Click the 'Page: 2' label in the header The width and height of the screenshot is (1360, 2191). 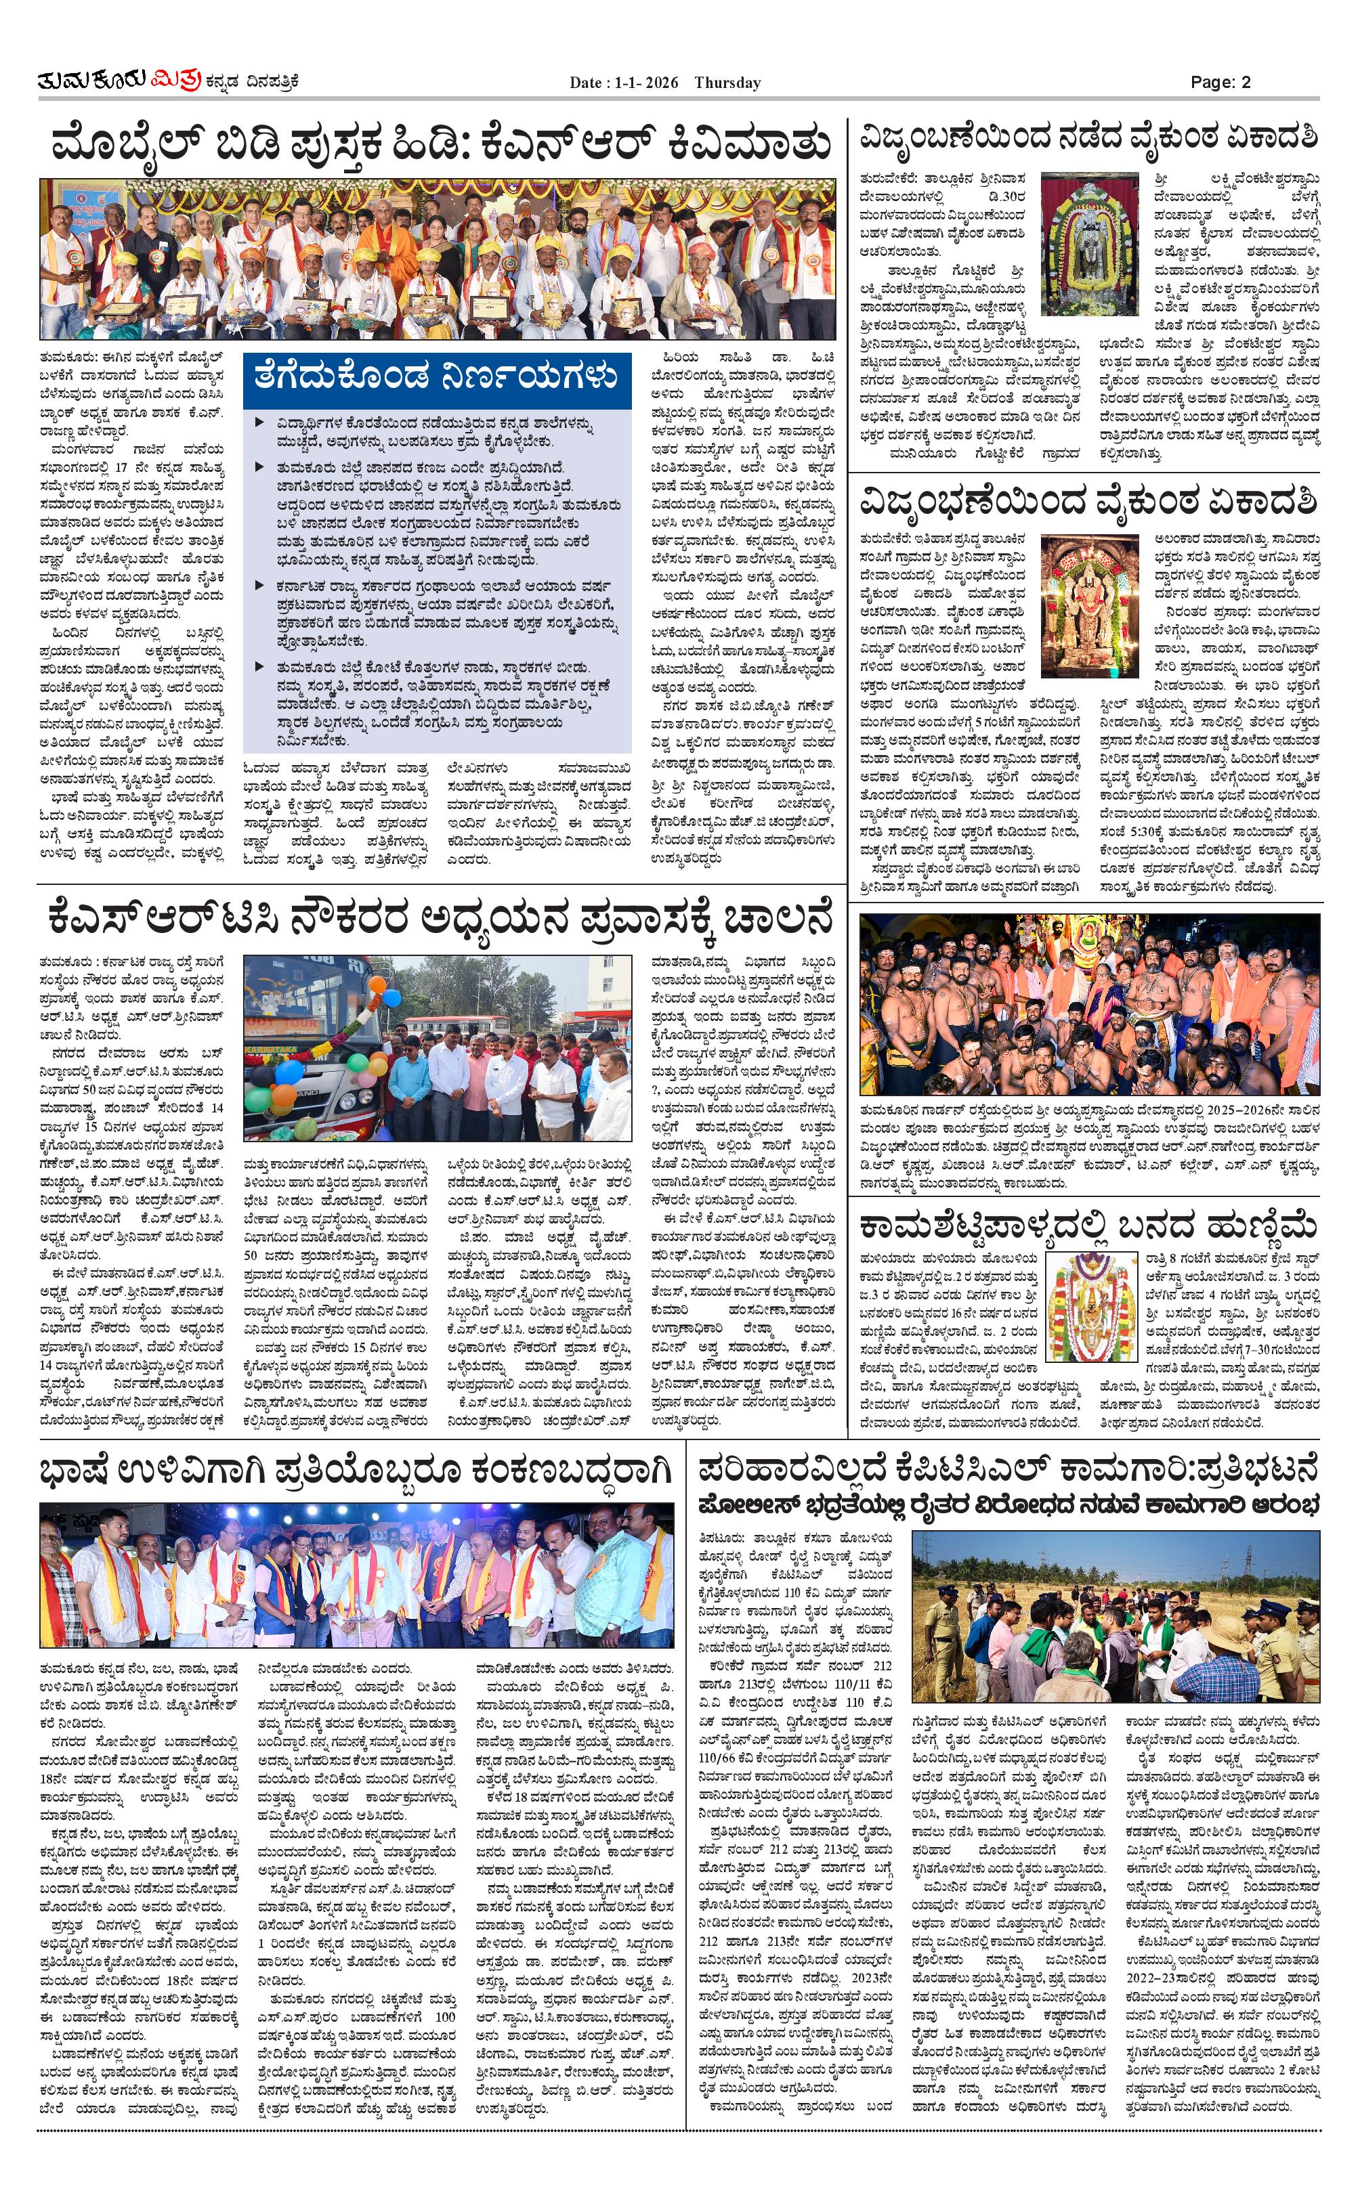point(1220,82)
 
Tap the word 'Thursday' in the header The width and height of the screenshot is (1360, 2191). point(727,83)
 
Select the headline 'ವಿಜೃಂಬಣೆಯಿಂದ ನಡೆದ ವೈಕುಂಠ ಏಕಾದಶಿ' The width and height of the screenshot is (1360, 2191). point(1088,137)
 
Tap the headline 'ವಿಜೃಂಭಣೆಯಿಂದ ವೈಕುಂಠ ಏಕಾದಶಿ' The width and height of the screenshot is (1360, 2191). point(1088,500)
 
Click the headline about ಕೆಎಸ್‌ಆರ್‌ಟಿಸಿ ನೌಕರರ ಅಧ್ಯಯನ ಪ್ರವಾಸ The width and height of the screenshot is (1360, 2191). point(441,919)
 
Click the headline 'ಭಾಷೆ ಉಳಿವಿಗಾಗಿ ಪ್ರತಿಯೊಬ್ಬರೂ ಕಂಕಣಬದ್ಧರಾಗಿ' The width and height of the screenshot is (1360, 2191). point(356,1472)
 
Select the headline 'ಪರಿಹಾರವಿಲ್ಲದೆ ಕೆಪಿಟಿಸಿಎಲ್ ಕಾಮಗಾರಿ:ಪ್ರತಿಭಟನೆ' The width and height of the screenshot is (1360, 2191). point(1007,1469)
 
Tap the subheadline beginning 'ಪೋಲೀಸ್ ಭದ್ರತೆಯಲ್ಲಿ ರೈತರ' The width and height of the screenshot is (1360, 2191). point(1007,1504)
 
